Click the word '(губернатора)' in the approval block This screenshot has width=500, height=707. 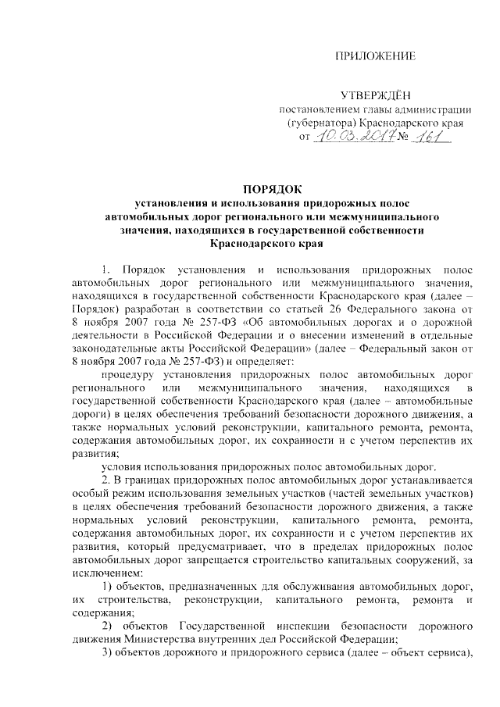(322, 123)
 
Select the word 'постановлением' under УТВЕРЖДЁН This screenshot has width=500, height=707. (320, 109)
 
